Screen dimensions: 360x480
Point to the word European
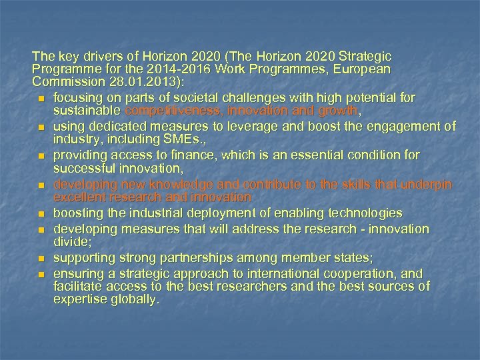[364, 69]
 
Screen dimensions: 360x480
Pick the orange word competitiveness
[169, 111]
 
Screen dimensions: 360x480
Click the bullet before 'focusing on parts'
[41, 99]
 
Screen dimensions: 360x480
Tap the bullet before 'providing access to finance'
[41, 156]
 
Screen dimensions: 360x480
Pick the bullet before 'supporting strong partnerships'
[41, 258]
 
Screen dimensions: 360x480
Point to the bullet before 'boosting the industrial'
[41, 214]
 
